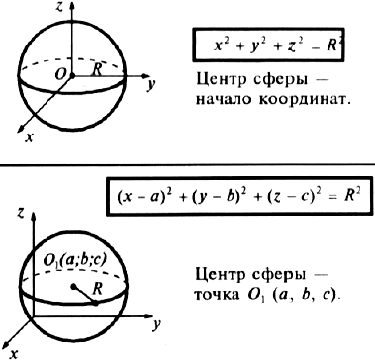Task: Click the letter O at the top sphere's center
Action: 60,75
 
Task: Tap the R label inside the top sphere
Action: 97,69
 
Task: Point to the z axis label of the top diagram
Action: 59,7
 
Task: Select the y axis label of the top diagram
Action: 151,85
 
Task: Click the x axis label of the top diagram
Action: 30,137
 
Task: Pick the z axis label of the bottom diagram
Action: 21,215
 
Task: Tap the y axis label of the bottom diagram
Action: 156,325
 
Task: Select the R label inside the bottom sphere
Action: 97,289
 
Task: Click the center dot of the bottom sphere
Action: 73,286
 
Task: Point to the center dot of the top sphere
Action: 72,76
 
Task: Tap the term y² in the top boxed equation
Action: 253,45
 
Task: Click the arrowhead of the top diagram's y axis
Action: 146,76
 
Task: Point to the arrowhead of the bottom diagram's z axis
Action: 33,217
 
